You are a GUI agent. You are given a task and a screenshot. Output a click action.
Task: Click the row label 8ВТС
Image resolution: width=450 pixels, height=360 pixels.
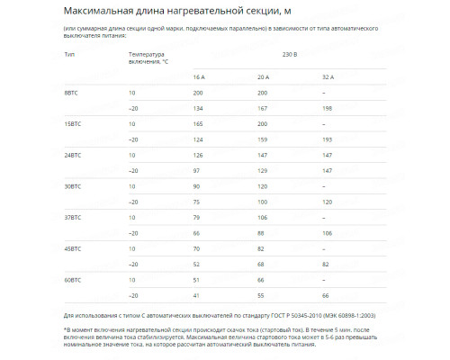(x=71, y=93)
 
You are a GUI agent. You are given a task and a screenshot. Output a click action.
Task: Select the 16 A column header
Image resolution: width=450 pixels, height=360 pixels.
(x=199, y=76)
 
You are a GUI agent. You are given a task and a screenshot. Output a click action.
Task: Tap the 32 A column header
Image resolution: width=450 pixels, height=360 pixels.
(x=328, y=76)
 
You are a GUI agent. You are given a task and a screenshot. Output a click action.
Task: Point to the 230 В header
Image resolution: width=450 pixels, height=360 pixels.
(x=263, y=55)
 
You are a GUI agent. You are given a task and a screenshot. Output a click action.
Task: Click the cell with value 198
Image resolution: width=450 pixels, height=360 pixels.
(x=327, y=108)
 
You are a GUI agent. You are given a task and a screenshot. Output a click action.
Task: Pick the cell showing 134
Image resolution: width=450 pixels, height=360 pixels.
(x=198, y=108)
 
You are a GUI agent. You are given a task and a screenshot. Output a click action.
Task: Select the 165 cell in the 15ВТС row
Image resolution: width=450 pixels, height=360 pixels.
(x=198, y=124)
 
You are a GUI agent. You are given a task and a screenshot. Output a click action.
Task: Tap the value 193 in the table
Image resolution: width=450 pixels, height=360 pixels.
(x=327, y=139)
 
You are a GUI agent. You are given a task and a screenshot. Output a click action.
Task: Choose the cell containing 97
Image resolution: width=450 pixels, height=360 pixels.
(x=196, y=170)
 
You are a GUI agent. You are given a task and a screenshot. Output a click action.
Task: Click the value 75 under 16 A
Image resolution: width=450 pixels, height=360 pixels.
(x=196, y=202)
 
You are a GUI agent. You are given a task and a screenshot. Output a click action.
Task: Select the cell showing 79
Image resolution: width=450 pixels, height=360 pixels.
(x=196, y=217)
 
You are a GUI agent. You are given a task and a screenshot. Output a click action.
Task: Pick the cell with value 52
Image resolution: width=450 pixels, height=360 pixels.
(x=196, y=264)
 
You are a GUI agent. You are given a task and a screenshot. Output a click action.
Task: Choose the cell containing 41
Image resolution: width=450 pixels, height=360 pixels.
(x=196, y=295)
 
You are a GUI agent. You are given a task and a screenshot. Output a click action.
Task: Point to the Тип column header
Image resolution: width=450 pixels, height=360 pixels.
(x=69, y=55)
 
